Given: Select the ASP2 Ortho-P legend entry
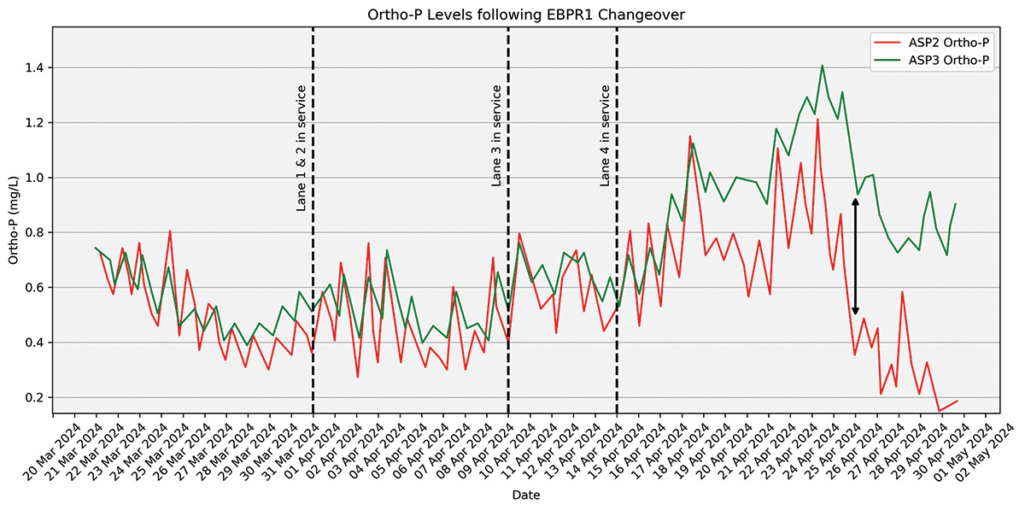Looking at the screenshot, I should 931,41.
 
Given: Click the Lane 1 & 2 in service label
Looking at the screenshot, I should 302,148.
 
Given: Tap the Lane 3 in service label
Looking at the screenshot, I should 496,135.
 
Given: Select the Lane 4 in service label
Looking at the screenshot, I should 605,135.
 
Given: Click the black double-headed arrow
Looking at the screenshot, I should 855,256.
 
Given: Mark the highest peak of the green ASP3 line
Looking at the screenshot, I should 822,65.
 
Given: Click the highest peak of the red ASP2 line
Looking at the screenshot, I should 817,119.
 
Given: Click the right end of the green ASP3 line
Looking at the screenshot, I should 956,203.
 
